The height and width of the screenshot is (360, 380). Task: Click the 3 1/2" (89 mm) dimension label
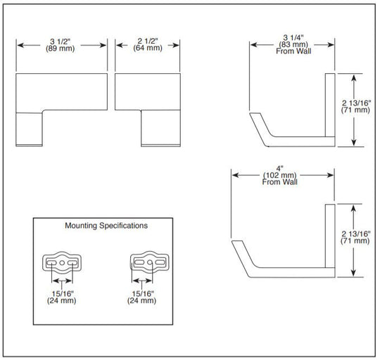(60, 45)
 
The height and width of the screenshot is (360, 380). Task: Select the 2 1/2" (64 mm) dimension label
(148, 44)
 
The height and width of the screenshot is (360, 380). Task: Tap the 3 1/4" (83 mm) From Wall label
(293, 44)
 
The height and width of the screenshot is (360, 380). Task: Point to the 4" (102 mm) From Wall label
(279, 175)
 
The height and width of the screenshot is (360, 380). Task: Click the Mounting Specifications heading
(106, 226)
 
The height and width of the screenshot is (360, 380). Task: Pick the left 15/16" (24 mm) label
(61, 297)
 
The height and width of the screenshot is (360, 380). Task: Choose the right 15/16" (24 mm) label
(141, 297)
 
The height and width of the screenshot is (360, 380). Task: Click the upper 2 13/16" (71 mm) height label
(355, 106)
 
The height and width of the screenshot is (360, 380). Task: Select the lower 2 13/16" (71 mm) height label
(355, 237)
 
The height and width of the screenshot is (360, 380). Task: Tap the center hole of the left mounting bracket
(62, 263)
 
